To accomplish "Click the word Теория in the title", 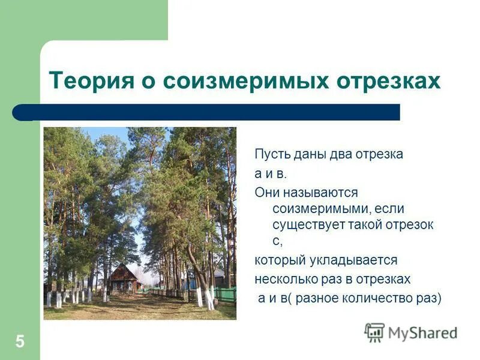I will [85, 80].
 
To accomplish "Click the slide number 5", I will [20, 342].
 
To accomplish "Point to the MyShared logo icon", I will [374, 332].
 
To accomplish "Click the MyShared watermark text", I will [422, 333].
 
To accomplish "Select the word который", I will [284, 260].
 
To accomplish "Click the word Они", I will [267, 193].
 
